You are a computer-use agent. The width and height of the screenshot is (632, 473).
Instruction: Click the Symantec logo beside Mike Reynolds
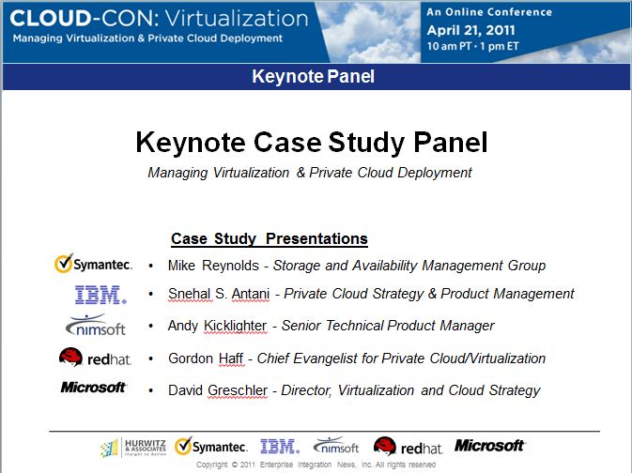(x=93, y=264)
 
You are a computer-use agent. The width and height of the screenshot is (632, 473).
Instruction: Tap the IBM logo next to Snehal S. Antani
(x=100, y=295)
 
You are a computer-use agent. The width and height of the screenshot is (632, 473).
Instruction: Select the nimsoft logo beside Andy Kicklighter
(x=96, y=325)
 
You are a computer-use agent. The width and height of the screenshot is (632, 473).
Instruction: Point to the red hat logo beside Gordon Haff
(x=95, y=358)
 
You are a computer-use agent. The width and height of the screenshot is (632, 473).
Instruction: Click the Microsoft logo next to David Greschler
(x=94, y=388)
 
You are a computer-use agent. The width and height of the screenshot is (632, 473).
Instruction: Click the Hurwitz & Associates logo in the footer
(x=133, y=448)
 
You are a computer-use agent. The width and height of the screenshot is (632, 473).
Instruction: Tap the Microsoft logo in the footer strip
(x=489, y=445)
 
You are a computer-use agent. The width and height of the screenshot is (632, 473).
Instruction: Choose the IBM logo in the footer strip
(x=280, y=447)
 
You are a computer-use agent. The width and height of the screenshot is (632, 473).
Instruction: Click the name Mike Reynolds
(x=213, y=266)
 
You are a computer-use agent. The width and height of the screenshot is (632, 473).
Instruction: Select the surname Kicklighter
(x=235, y=326)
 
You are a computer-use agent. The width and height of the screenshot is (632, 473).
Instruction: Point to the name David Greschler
(x=218, y=390)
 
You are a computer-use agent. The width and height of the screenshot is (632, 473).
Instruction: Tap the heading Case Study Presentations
(x=270, y=238)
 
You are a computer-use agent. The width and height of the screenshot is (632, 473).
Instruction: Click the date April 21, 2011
(x=470, y=30)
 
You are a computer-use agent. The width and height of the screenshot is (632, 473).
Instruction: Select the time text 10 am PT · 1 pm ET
(x=472, y=46)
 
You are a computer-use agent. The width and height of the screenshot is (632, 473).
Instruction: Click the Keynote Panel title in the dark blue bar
(x=313, y=77)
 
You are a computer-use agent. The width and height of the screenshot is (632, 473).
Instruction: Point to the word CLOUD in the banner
(x=51, y=19)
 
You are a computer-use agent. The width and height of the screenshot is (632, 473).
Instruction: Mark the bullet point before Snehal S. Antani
(x=151, y=294)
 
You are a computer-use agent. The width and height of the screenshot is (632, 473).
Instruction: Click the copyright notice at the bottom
(x=316, y=465)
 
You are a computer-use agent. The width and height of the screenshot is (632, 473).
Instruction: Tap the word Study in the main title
(x=365, y=143)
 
